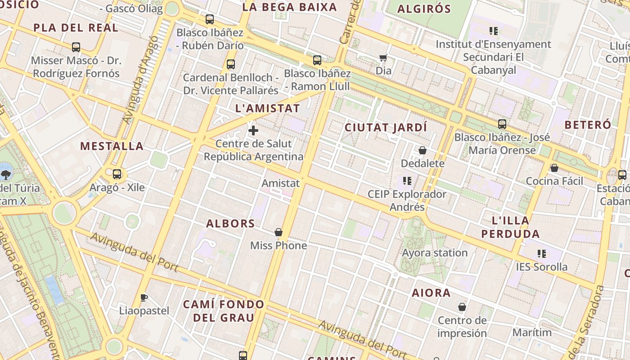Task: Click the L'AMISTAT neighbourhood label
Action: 267,108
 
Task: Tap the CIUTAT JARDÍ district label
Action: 386,127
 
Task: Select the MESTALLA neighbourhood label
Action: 112,146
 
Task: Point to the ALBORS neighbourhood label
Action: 230,224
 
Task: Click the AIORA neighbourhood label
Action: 431,293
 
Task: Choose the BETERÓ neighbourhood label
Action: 588,125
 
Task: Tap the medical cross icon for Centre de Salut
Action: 253,131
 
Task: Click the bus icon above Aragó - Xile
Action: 117,174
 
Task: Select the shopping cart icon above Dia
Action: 383,58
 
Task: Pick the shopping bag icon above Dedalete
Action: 422,150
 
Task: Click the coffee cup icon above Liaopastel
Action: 144,297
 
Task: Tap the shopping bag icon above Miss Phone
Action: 279,232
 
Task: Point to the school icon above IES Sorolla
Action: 542,254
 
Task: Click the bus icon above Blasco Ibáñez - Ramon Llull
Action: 317,60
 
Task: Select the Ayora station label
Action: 435,253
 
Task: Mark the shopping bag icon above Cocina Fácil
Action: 554,168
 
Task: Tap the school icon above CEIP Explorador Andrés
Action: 407,181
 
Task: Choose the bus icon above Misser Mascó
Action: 76,47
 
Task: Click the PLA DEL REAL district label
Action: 76,28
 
